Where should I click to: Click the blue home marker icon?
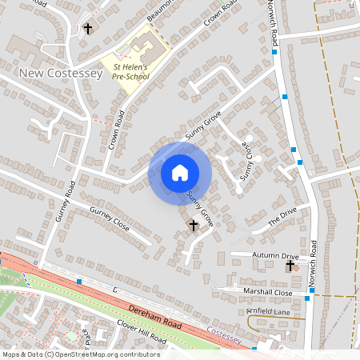(x=180, y=172)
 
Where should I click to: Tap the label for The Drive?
(x=282, y=216)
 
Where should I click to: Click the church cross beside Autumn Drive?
(x=290, y=265)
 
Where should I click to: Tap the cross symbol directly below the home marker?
(x=193, y=226)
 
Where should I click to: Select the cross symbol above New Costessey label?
(x=87, y=29)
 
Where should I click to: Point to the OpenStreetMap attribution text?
(x=81, y=354)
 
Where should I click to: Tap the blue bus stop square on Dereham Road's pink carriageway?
(x=79, y=282)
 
